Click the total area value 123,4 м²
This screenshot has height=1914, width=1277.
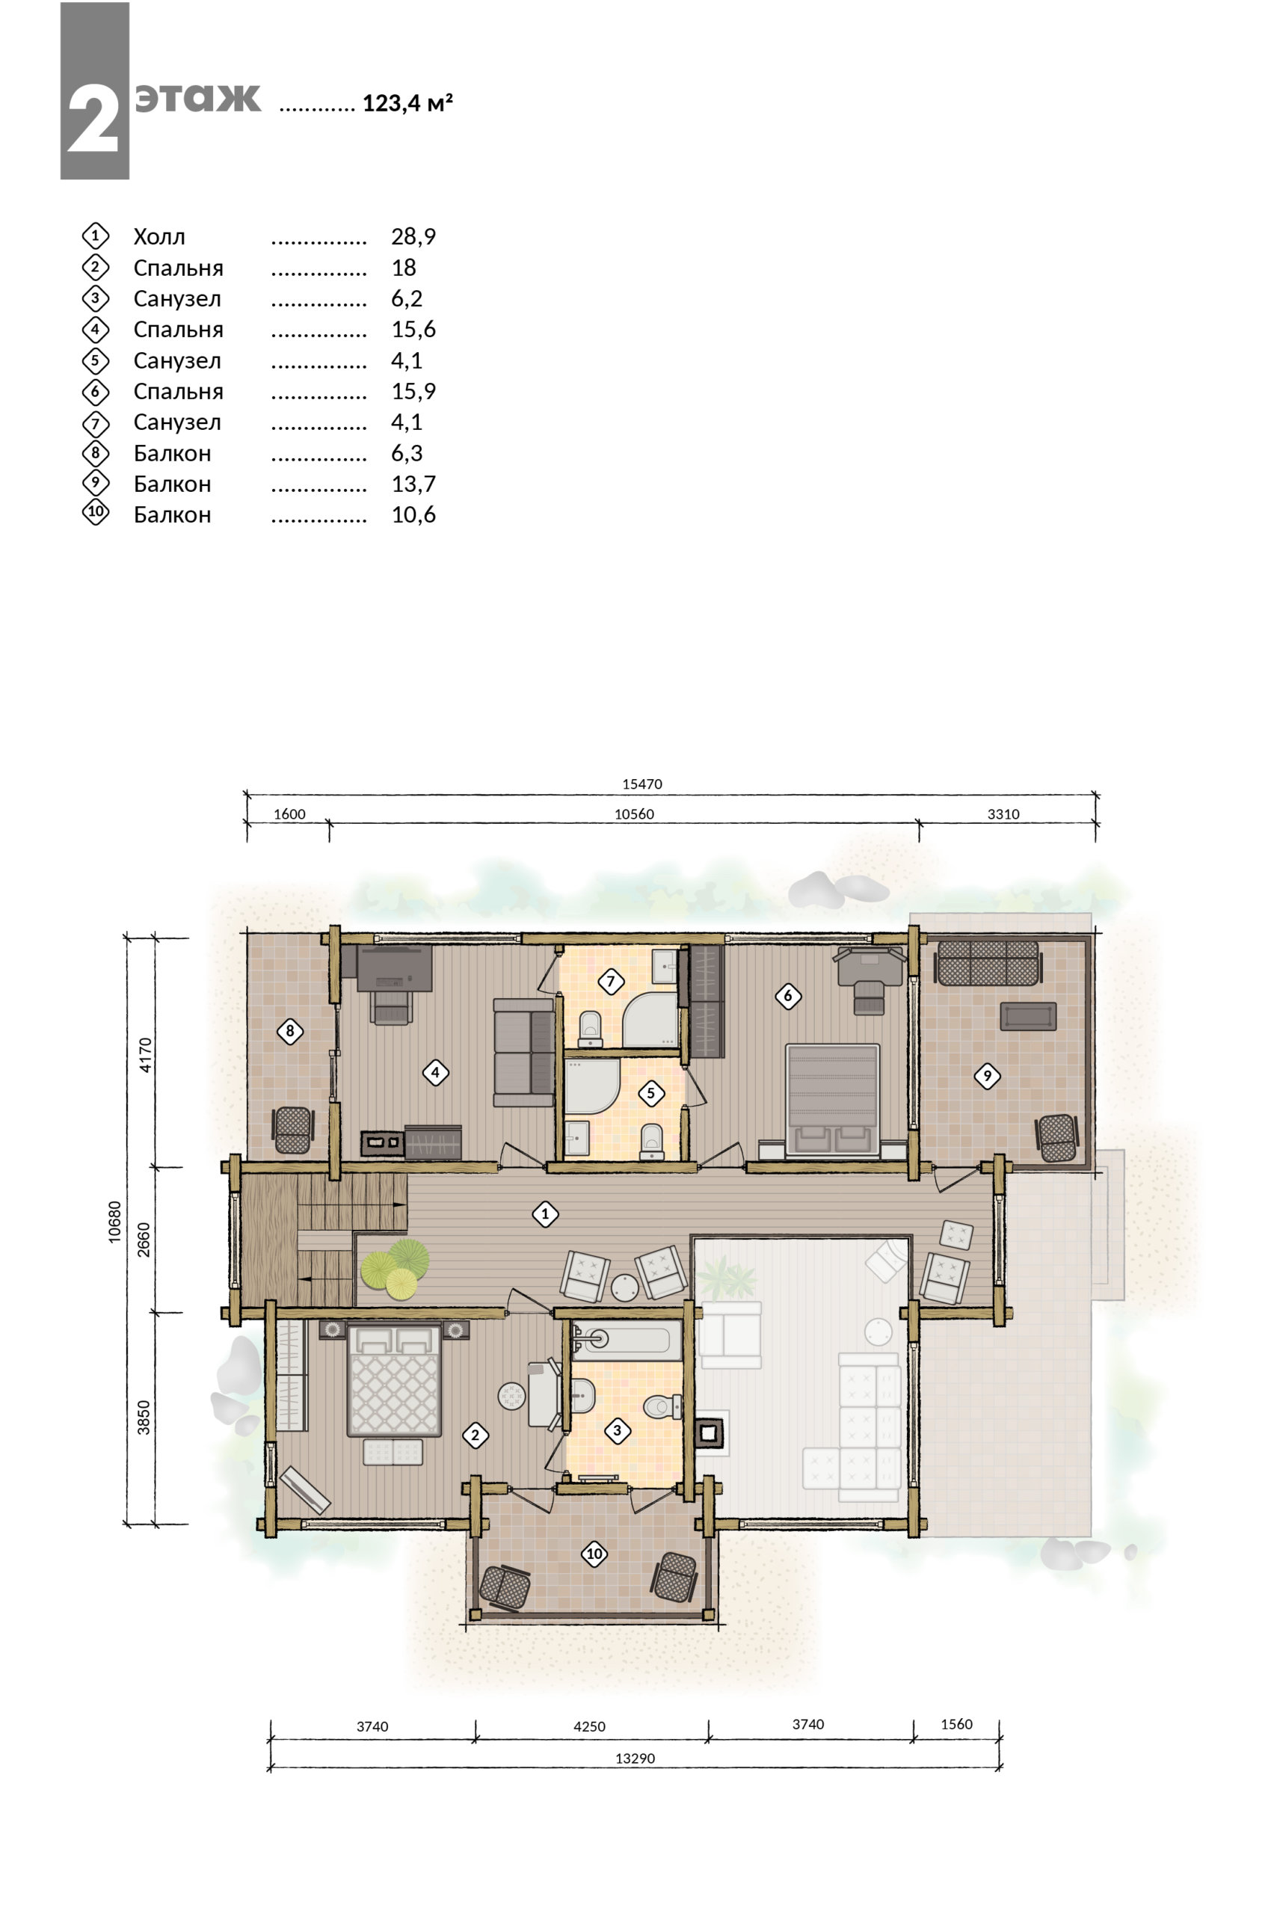tap(407, 103)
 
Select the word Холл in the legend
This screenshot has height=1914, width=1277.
tap(160, 237)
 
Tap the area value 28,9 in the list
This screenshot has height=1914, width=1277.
tap(413, 236)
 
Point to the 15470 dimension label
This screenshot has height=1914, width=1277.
tap(642, 784)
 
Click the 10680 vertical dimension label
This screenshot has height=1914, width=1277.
tap(115, 1221)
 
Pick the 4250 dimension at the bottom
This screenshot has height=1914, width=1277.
tap(590, 1726)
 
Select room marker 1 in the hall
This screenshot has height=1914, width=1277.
tap(545, 1214)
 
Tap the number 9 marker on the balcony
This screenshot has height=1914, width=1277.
tap(987, 1076)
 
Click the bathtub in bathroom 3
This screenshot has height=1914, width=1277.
tap(627, 1340)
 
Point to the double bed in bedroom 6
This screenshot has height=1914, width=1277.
tap(832, 1100)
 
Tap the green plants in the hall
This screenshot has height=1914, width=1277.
tap(396, 1268)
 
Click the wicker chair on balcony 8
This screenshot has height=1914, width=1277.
tap(292, 1130)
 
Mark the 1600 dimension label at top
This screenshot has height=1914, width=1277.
tap(289, 814)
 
